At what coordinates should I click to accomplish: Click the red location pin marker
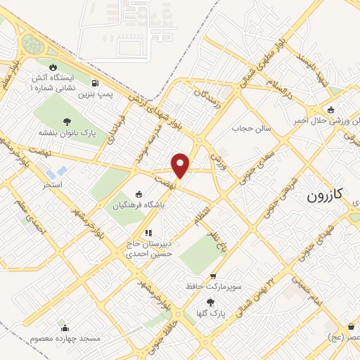pos(181,165)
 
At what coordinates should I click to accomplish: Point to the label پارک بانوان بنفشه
pos(66,131)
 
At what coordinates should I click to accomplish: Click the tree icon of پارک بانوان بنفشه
pos(66,121)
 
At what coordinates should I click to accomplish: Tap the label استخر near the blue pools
pos(52,184)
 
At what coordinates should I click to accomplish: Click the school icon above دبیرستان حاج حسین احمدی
pos(148,232)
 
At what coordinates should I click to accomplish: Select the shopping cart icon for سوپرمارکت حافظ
pos(212,276)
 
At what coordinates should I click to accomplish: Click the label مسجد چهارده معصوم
pos(65,338)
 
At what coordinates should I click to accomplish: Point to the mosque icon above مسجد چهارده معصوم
pos(65,328)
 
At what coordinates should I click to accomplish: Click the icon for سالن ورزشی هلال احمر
pos(330,109)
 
